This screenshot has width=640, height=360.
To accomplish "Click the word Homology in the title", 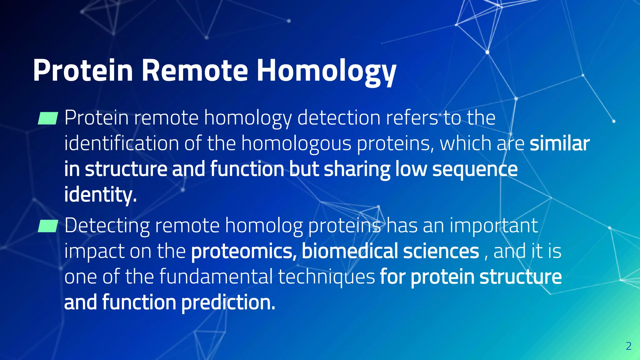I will (326, 71).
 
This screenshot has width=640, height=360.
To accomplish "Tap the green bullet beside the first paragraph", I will (48, 118).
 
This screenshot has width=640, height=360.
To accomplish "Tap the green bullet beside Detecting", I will (48, 226).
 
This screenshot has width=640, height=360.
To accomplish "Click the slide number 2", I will (629, 346).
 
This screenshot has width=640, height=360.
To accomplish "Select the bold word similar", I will (559, 144).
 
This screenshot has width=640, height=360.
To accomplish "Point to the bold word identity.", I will (100, 195).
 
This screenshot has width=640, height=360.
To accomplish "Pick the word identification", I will (122, 144).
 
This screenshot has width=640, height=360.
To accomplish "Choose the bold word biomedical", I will (350, 251).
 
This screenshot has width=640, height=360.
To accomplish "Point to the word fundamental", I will (216, 277).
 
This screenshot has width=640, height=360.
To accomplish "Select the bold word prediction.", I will (228, 303).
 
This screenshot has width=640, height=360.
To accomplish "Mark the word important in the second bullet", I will (494, 226).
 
